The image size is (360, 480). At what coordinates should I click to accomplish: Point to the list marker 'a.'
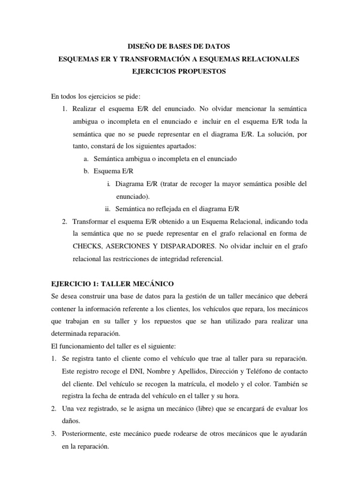pyautogui.click(x=87, y=158)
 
